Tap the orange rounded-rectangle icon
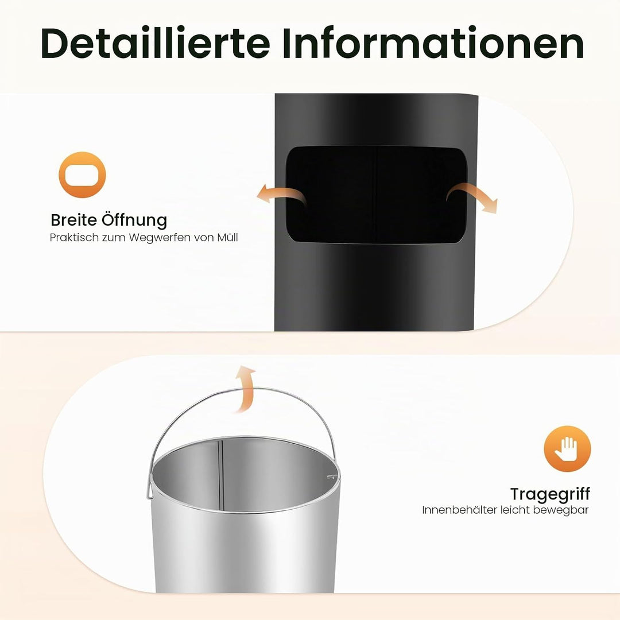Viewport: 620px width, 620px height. coord(82,175)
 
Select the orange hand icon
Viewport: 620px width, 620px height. coord(567,448)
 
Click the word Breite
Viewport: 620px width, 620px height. coord(74,220)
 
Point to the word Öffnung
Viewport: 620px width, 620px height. coord(134,220)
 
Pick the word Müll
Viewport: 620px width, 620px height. coord(228,237)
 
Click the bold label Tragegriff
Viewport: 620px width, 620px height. coord(549,494)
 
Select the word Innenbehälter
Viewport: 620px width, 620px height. coord(459,510)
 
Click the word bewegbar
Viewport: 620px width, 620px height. coord(561,510)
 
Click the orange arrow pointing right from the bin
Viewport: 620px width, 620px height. coord(472,195)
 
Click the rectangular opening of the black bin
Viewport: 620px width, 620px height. coord(377,195)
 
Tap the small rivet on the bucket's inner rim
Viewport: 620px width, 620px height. coord(331,477)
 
